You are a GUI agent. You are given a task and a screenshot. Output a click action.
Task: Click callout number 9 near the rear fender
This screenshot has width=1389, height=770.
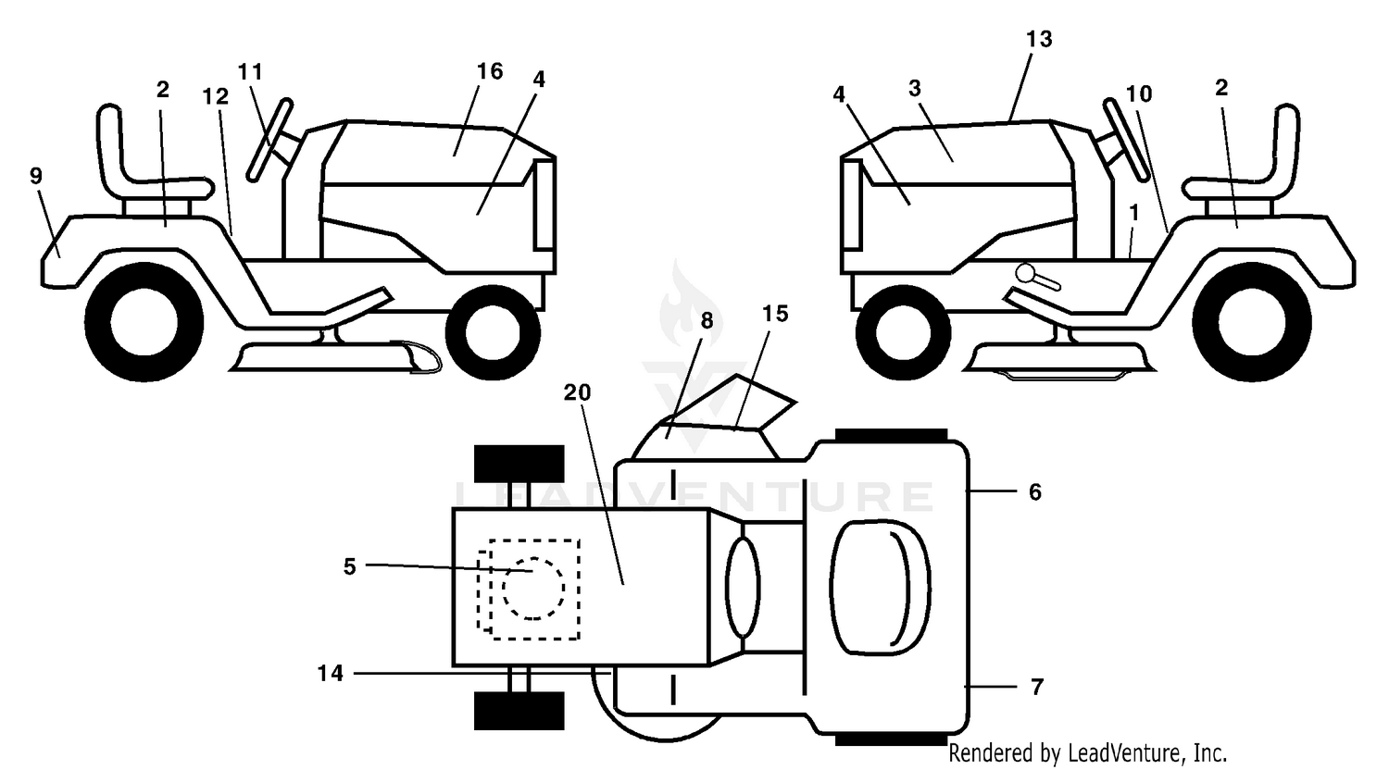tap(36, 176)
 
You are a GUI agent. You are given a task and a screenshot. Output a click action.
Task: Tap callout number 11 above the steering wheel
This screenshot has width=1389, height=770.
tap(251, 72)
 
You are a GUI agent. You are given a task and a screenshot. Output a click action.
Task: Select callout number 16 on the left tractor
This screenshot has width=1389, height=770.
tap(490, 71)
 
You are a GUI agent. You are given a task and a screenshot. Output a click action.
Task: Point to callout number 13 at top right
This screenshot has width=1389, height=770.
tap(1039, 39)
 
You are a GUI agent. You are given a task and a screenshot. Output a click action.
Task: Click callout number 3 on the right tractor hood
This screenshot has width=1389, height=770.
tap(915, 89)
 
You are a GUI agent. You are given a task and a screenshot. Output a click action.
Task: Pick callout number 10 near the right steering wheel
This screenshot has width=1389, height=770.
tap(1138, 93)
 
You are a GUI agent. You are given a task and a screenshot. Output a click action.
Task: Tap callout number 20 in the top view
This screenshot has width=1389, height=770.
tap(577, 391)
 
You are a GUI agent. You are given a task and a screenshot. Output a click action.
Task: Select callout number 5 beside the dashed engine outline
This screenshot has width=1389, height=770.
tap(350, 566)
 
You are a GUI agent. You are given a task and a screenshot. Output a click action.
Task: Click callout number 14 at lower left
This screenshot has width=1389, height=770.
tap(331, 673)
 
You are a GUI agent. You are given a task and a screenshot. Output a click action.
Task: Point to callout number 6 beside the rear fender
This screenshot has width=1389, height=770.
tap(1035, 492)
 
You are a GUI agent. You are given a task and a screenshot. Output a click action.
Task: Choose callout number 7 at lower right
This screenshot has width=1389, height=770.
tap(1037, 687)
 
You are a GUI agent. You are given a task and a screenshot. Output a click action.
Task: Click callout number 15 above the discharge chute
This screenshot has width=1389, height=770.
tap(775, 314)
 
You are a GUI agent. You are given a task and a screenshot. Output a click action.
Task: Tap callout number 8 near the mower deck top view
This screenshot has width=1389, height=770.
tap(707, 320)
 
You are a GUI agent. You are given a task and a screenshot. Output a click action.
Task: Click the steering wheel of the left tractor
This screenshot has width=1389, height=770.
tap(269, 140)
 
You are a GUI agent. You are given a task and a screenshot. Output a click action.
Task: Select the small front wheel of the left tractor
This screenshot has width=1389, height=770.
tap(493, 332)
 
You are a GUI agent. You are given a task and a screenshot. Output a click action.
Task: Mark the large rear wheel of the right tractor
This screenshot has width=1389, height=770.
tap(1251, 322)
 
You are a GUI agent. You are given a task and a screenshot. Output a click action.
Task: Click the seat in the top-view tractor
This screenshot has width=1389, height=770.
tap(880, 587)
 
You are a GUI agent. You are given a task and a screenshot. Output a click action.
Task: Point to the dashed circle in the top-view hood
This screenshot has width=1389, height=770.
tap(533, 588)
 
